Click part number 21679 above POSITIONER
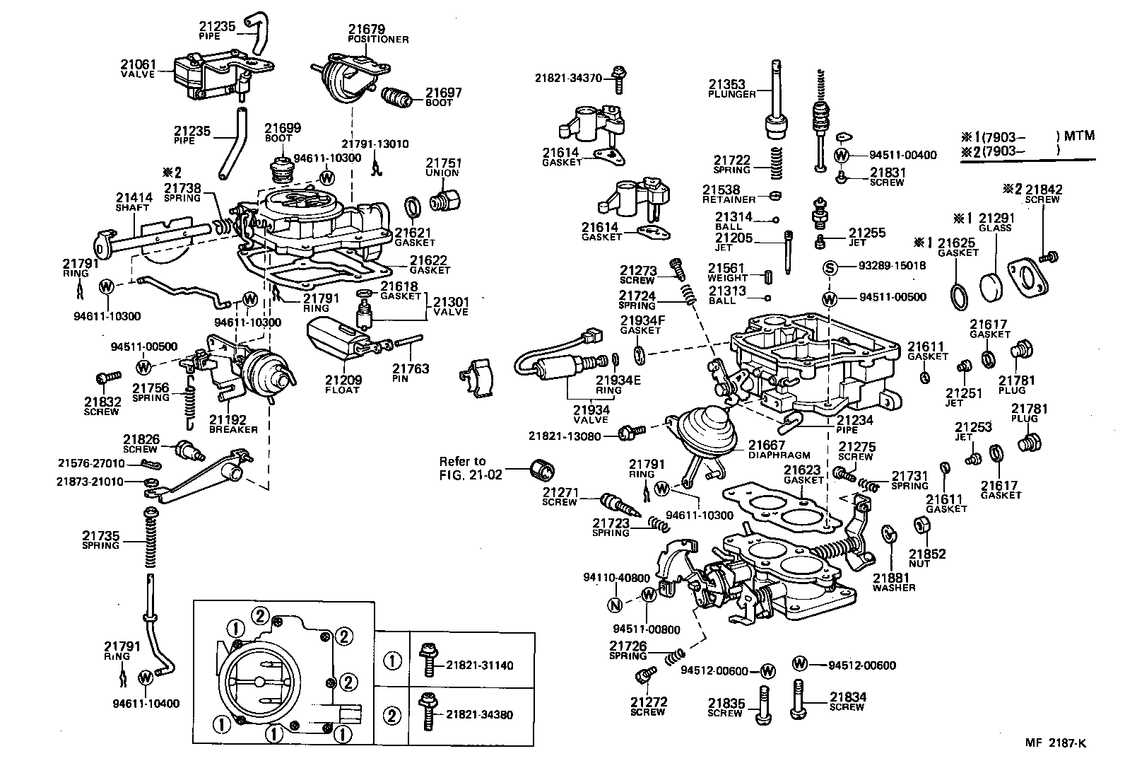(365, 29)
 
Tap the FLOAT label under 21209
(342, 390)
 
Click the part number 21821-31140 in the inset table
(479, 665)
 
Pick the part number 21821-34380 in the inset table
(479, 714)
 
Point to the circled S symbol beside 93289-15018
(830, 267)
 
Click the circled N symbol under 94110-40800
(615, 605)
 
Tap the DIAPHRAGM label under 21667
(779, 455)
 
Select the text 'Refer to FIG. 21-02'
(471, 468)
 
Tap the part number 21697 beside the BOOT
(443, 93)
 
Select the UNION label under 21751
(442, 173)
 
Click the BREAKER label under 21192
(233, 429)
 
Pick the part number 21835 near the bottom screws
(726, 703)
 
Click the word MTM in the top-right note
(1080, 135)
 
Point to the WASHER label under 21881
(893, 588)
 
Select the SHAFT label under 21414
(132, 209)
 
